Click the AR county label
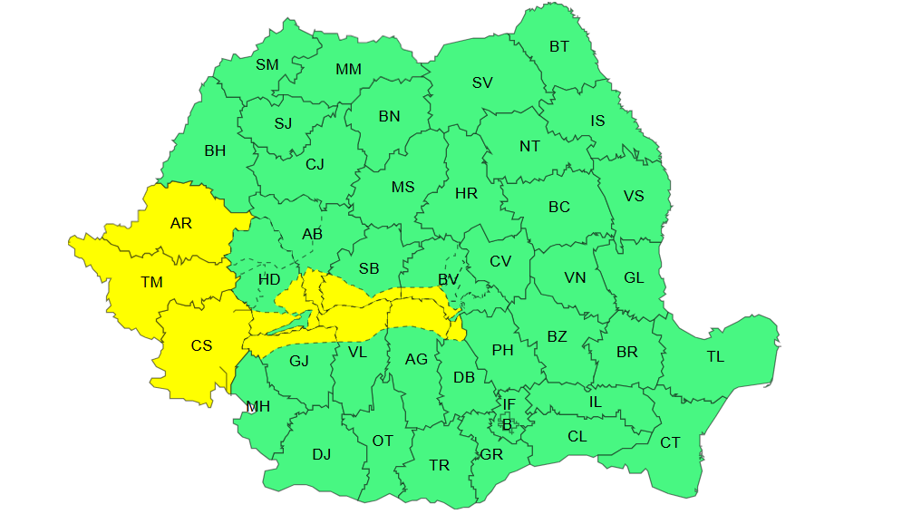click(181, 223)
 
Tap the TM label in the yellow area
click(151, 283)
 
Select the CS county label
click(201, 345)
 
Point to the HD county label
click(269, 279)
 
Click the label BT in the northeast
click(559, 46)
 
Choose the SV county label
click(482, 82)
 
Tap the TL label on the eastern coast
click(715, 356)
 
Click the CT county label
click(670, 442)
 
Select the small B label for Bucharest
click(507, 423)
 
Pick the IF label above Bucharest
click(509, 403)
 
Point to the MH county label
click(259, 407)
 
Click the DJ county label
click(322, 454)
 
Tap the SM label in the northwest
click(267, 64)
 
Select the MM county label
click(348, 70)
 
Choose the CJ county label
click(315, 164)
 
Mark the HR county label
click(466, 193)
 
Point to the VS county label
click(634, 196)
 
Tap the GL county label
click(634, 277)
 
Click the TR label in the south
click(440, 465)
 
